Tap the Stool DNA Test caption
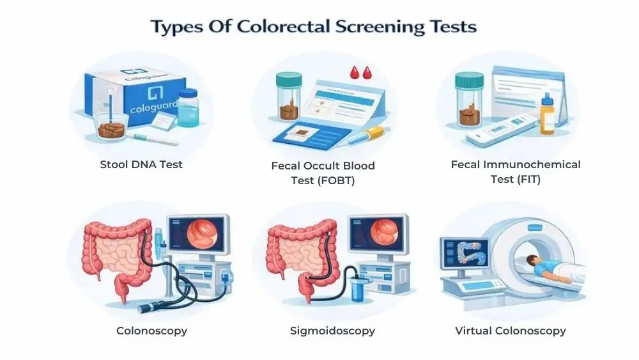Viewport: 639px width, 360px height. tap(141, 164)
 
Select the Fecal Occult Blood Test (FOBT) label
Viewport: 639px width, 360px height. tap(323, 173)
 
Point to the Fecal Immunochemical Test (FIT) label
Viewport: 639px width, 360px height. tap(516, 172)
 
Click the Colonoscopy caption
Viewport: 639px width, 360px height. tap(151, 331)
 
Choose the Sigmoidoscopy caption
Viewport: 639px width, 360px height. tap(332, 331)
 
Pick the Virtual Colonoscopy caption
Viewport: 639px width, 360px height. tap(511, 331)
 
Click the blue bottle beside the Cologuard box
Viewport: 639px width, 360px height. tap(189, 108)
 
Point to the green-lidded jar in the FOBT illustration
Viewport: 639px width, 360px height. tap(289, 97)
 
